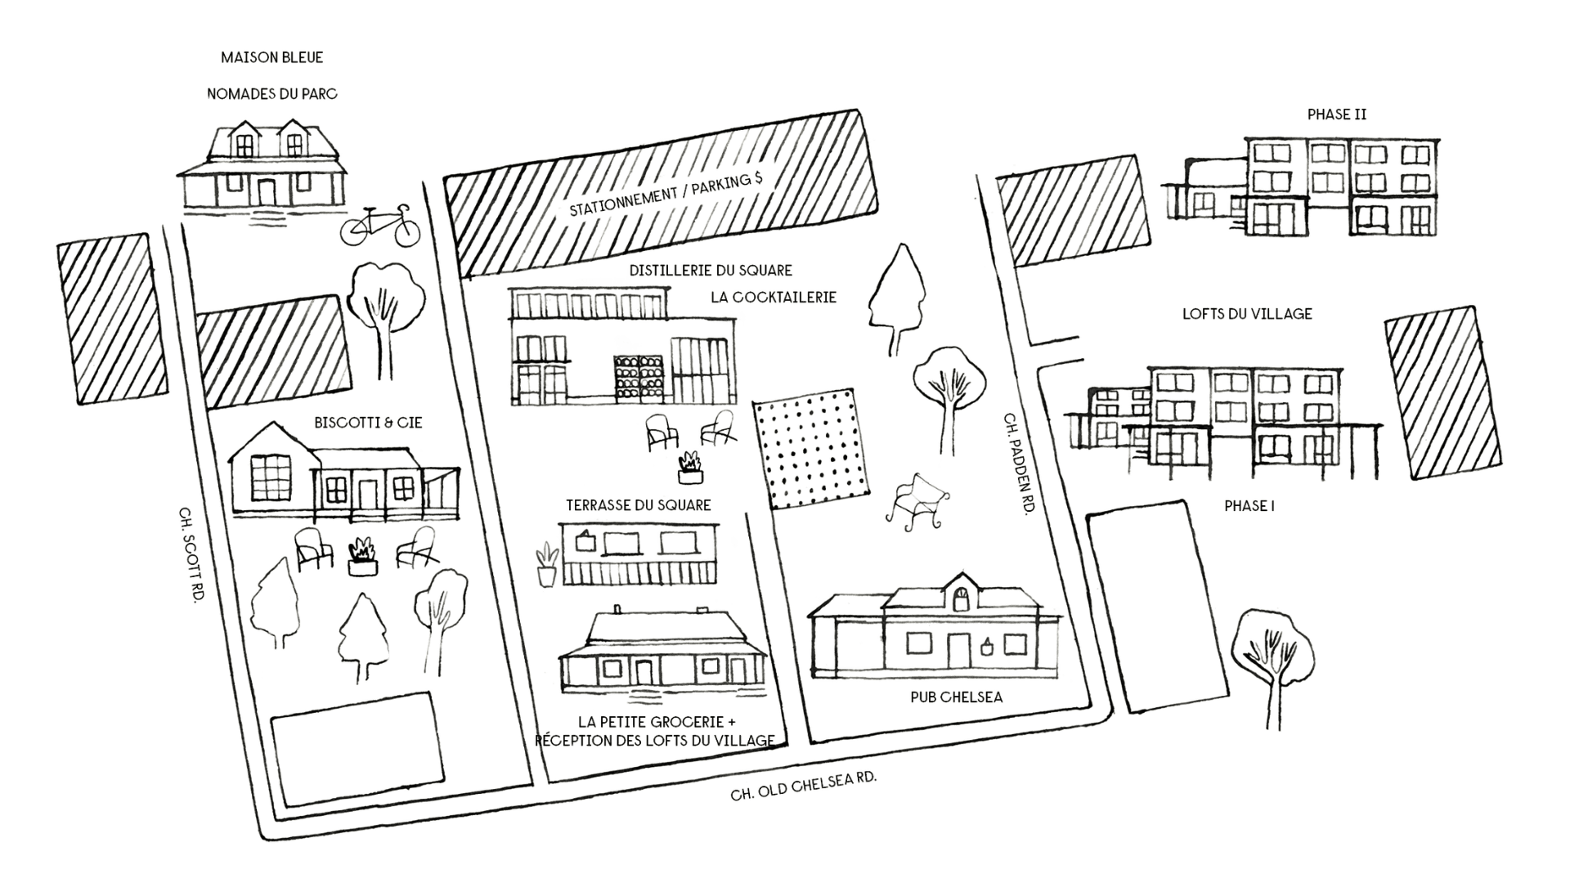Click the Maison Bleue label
(271, 58)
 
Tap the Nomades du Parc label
(271, 94)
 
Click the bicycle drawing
(380, 224)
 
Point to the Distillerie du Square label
(711, 270)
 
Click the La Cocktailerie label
(774, 298)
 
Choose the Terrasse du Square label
(638, 505)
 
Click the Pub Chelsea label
(956, 697)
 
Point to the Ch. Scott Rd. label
(191, 553)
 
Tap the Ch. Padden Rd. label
(1017, 462)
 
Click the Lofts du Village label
(1247, 314)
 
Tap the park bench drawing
(917, 504)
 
